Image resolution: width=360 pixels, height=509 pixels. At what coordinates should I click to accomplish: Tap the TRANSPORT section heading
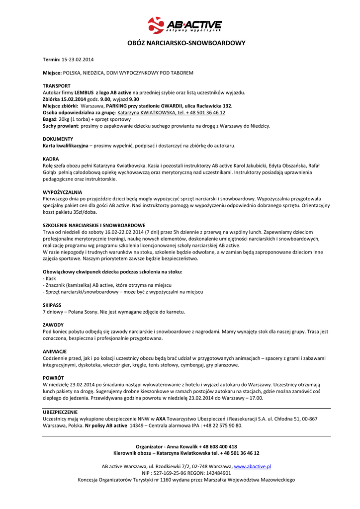point(57,86)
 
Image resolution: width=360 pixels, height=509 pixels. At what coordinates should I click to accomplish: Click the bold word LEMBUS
point(84,92)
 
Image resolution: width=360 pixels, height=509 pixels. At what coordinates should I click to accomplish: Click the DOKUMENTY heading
point(58,139)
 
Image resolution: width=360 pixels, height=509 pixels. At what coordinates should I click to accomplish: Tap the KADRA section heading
point(51,159)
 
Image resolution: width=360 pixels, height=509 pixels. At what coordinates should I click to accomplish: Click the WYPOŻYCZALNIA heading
point(62,192)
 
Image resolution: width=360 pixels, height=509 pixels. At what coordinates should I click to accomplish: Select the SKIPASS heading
point(52,305)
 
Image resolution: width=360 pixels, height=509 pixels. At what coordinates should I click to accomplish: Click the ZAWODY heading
point(53,325)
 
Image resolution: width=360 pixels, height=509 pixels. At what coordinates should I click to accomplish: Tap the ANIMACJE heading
point(54,351)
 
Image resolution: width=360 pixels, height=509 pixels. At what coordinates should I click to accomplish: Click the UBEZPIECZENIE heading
point(60,412)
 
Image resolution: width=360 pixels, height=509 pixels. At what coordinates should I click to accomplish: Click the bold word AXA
point(161,419)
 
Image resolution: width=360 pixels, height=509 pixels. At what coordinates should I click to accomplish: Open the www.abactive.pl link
point(252,467)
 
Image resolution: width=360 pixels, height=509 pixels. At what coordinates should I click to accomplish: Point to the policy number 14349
point(138,425)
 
